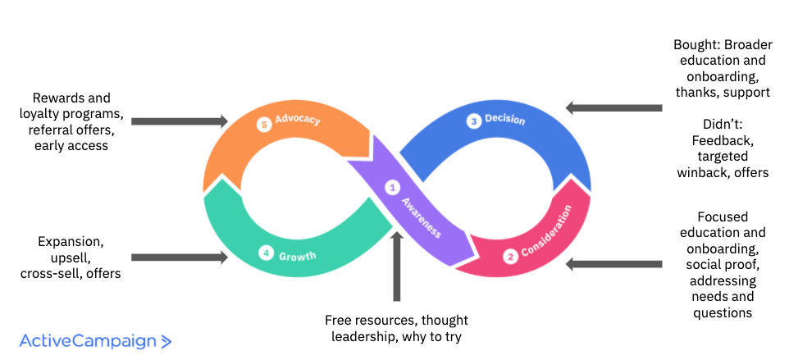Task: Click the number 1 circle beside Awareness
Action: (x=392, y=188)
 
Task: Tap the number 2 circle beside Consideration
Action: (x=510, y=256)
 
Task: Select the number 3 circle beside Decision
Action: (x=473, y=121)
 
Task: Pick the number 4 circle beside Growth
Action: (x=265, y=253)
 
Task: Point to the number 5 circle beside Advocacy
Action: (x=263, y=125)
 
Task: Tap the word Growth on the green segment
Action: (x=297, y=256)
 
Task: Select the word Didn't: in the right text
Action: (x=723, y=125)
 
